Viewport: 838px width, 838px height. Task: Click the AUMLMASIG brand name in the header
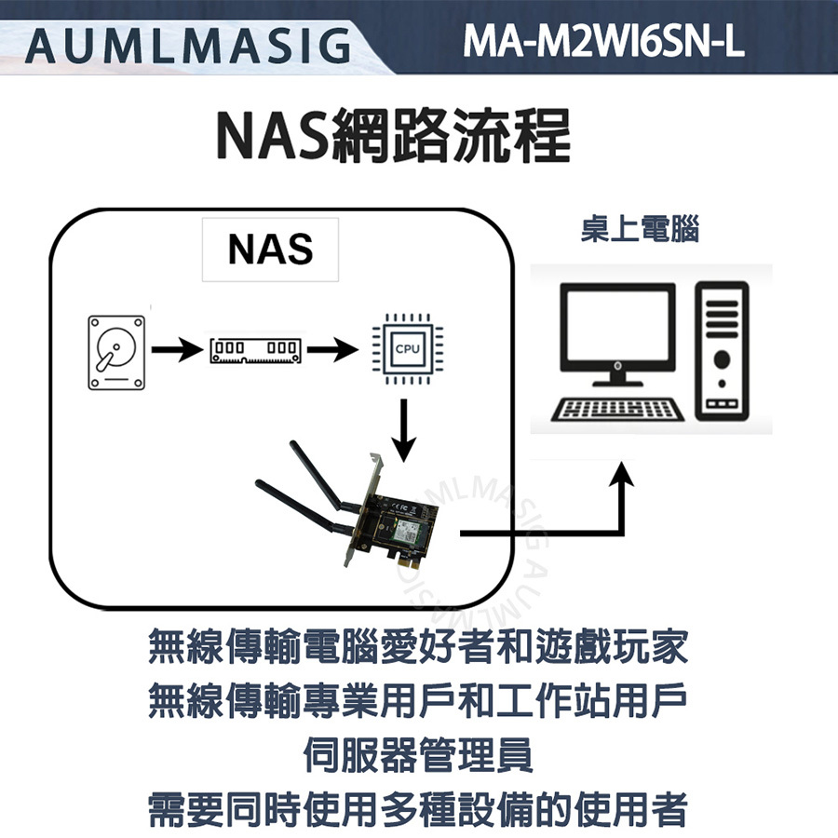click(x=186, y=43)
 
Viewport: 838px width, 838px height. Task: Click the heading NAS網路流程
click(x=391, y=137)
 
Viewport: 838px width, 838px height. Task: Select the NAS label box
click(x=270, y=250)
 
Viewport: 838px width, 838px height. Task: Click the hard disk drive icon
click(x=117, y=352)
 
